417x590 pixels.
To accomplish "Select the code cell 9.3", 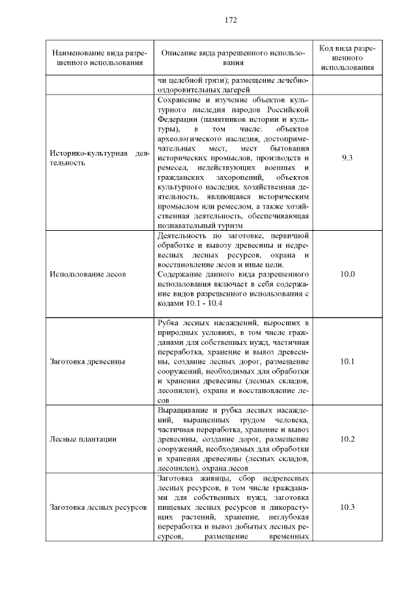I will coord(347,158).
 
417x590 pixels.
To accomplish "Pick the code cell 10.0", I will coord(347,274).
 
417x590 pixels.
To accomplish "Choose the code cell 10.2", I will coord(347,439).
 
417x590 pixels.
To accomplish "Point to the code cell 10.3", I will coord(347,507).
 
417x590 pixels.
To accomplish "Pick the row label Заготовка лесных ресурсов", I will coord(97,507).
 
